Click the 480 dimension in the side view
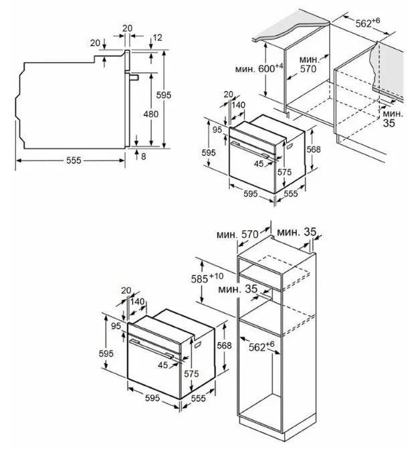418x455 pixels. click(x=150, y=114)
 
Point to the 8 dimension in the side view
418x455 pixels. click(x=144, y=156)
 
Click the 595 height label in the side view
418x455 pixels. click(x=165, y=95)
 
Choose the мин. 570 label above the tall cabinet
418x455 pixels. click(x=237, y=234)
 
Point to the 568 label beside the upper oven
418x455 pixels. click(x=314, y=149)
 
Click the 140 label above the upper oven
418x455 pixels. click(x=238, y=105)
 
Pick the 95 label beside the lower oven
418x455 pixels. click(x=116, y=326)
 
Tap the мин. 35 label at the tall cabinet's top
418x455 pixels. click(x=298, y=232)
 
